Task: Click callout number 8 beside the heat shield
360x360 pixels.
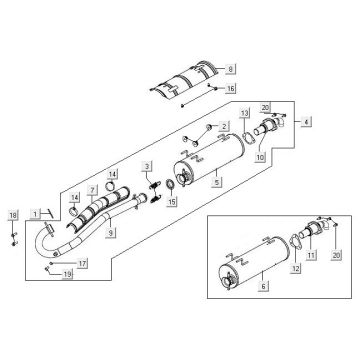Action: click(230, 69)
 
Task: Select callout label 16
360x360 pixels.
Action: click(230, 88)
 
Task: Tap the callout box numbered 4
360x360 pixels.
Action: click(306, 122)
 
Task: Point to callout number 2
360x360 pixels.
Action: click(224, 126)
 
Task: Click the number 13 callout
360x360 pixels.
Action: click(245, 114)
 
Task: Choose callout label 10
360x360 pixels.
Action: click(260, 157)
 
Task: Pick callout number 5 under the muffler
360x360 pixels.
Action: click(217, 182)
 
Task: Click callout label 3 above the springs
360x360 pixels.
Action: click(148, 166)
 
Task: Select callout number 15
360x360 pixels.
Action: click(172, 201)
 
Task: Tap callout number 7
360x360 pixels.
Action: click(92, 190)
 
